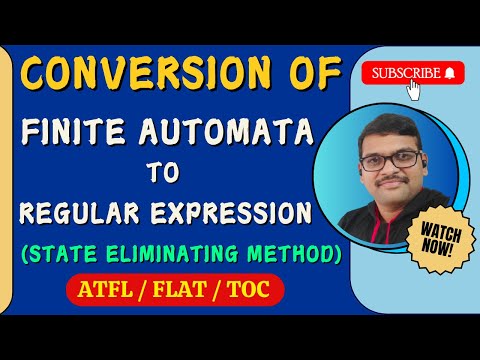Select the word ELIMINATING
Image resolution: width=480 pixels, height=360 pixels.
[x=174, y=255]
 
